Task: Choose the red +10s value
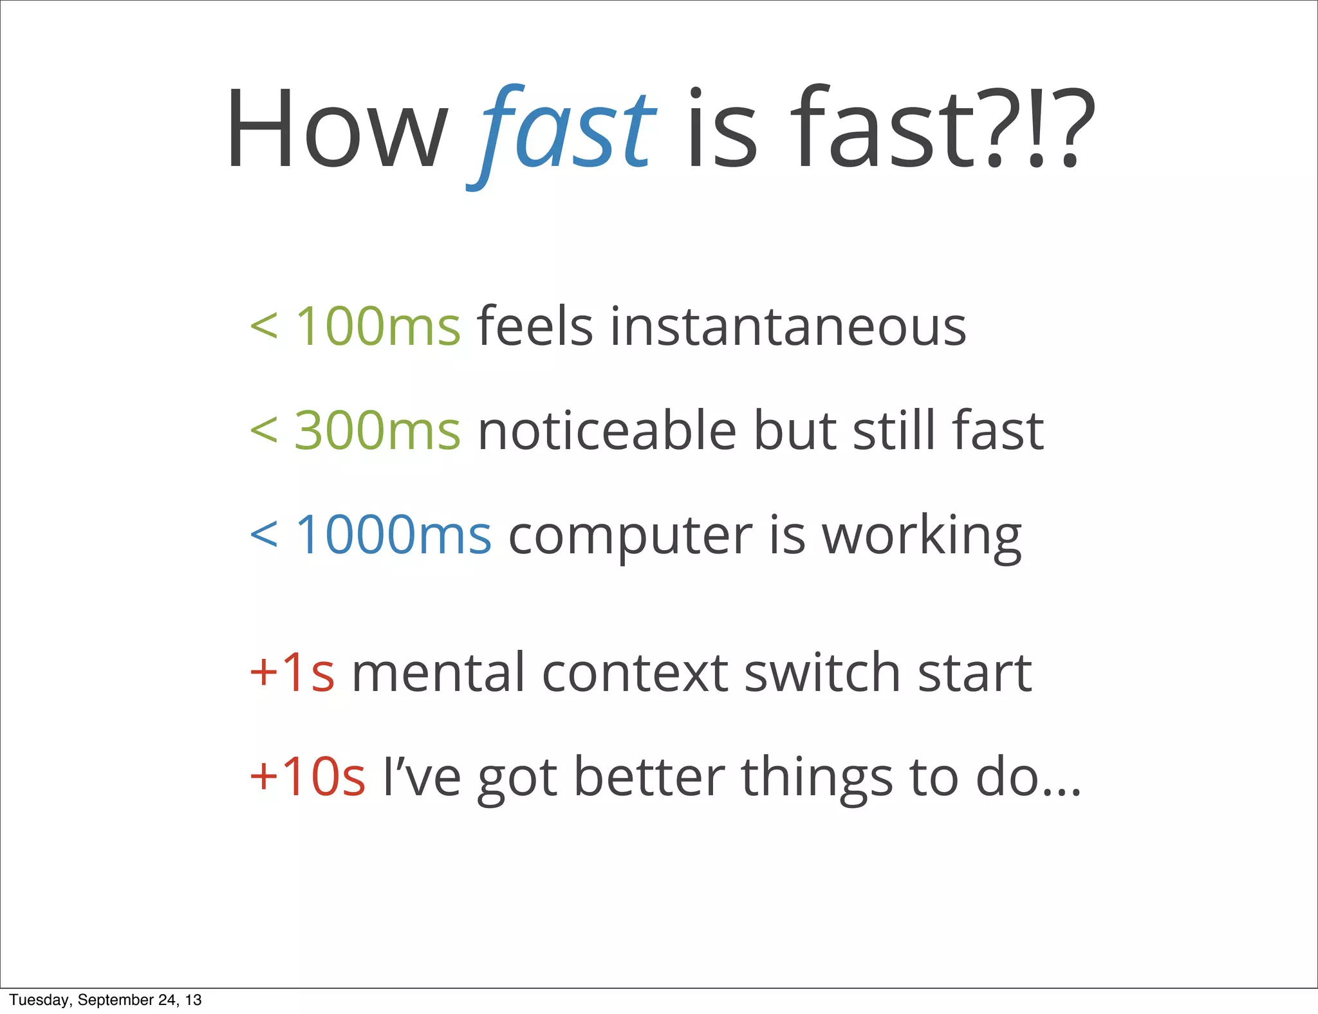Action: (308, 777)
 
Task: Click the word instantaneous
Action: (788, 326)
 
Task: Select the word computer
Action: (630, 535)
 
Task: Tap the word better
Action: (649, 777)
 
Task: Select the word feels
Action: (534, 326)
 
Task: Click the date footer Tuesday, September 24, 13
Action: (106, 1000)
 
